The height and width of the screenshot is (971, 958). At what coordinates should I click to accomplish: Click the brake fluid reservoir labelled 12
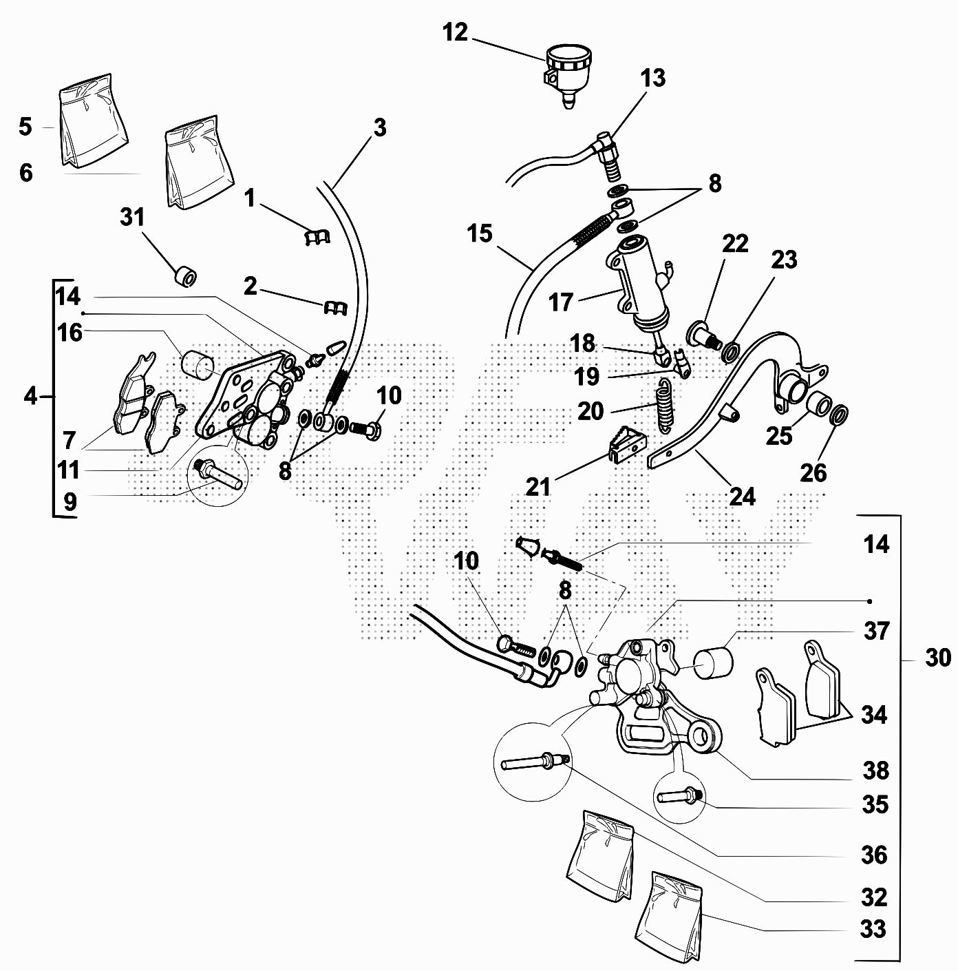point(567,69)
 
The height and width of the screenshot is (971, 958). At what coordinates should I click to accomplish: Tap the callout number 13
point(652,78)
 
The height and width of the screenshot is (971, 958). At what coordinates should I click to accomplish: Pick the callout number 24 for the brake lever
point(741,496)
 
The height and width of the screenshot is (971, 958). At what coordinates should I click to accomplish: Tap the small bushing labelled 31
point(185,276)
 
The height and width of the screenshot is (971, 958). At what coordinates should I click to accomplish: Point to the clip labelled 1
point(316,236)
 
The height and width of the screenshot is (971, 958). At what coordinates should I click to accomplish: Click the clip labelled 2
point(333,309)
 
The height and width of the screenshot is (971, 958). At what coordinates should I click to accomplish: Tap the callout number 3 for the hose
point(380,128)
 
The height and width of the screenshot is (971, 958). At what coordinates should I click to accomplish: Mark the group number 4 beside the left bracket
point(30,396)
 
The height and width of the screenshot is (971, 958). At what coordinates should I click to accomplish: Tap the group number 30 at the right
point(937,658)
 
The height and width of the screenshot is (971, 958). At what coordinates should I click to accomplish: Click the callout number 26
point(813,473)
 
